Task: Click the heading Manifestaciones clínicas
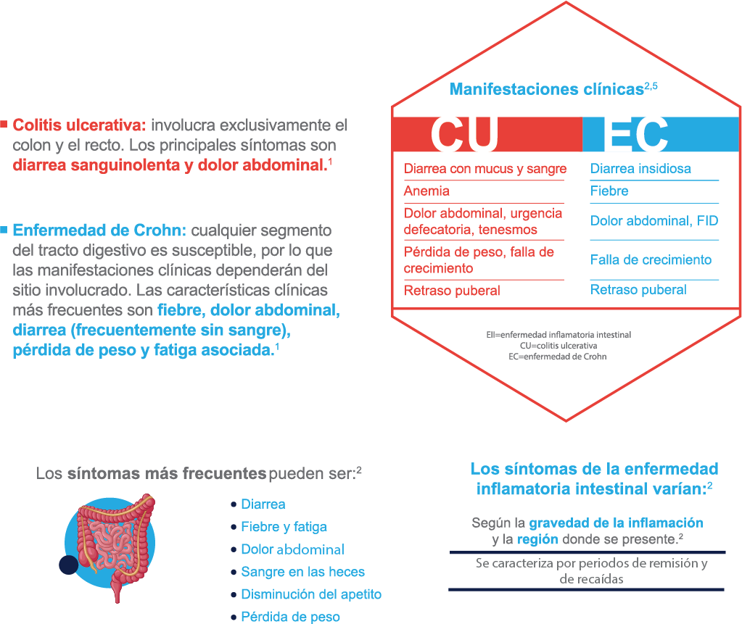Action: [547, 89]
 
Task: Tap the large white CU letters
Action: [464, 135]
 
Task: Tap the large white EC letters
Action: [637, 135]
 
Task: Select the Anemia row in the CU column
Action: [426, 191]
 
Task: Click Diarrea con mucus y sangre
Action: [485, 169]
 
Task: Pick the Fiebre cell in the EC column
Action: [609, 191]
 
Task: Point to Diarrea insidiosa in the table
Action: [640, 169]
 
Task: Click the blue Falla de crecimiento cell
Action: [651, 259]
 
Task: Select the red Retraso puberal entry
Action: [452, 290]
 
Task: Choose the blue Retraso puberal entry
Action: [638, 290]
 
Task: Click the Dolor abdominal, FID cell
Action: [654, 221]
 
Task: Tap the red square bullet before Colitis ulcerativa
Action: [4, 125]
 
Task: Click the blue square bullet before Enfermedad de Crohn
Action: [4, 230]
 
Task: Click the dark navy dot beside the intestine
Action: [69, 565]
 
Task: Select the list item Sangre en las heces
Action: [303, 572]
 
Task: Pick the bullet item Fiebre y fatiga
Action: [284, 527]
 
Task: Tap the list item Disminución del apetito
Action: [311, 594]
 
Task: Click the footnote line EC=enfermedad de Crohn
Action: [558, 357]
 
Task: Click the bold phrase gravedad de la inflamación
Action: [616, 523]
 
